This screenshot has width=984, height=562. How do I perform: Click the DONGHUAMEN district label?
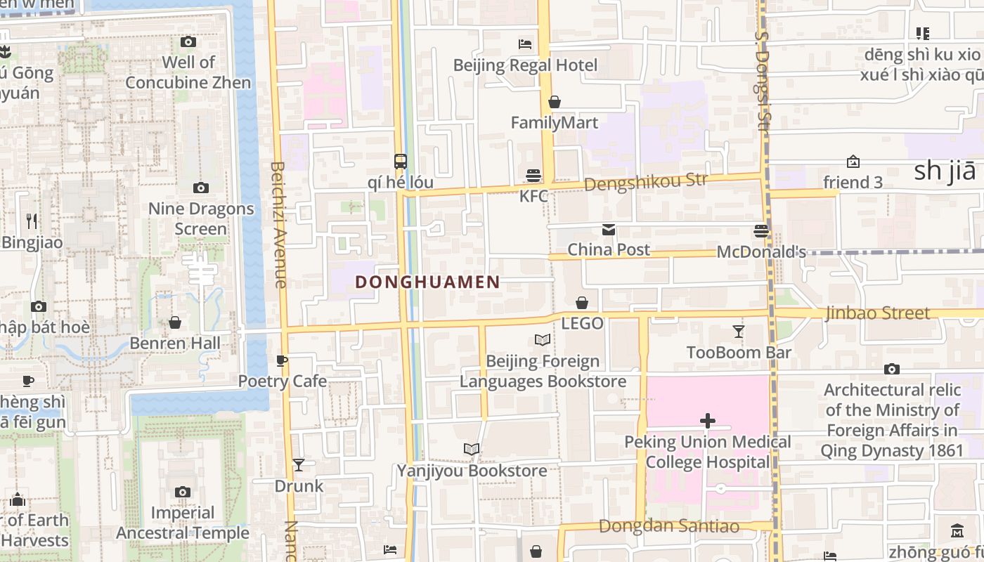coord(427,282)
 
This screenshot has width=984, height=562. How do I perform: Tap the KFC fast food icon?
coord(533,175)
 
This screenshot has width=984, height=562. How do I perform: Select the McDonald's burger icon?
coord(760,230)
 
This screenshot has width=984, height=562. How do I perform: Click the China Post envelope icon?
coord(608,230)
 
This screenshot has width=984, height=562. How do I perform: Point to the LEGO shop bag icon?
coord(582,303)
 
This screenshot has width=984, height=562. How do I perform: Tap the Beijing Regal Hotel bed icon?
coord(525,44)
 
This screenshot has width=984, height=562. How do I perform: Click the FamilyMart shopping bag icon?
coord(555,103)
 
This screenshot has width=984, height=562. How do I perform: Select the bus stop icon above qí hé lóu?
coord(400,162)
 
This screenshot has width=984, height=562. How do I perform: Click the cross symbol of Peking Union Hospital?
coord(708,421)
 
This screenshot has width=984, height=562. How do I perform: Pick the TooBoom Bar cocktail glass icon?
coord(738,332)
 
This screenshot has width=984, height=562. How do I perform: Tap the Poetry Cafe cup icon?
coord(282,361)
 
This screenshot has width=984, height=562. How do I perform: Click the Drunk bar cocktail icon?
coord(299,465)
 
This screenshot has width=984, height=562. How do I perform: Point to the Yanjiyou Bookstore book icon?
coord(472,449)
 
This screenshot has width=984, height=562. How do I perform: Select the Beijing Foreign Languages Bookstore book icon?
coord(543,340)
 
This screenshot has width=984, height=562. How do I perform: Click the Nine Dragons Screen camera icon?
coord(200,188)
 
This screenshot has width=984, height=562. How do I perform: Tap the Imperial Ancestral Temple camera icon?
coord(183,492)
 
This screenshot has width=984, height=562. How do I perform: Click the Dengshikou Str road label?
coord(645,182)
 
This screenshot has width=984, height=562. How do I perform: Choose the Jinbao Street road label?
coord(877,313)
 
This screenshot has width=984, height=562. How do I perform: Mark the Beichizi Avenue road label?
coord(278,225)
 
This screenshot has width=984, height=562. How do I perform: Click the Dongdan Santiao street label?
coord(668,526)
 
